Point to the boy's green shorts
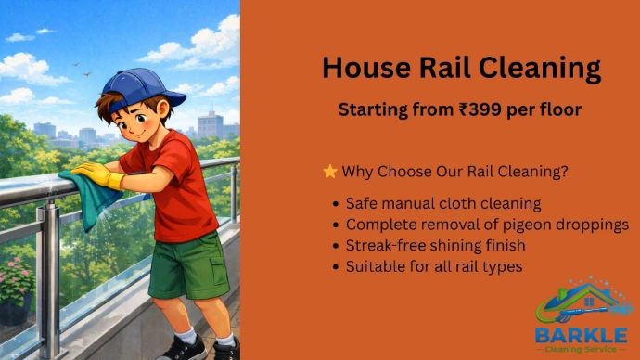coord(189,265)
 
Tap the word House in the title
coord(366,68)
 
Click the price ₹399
coord(480,109)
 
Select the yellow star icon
coord(330,172)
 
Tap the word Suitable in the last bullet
coord(375,266)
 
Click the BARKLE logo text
coord(582,336)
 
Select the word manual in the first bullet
coord(407,203)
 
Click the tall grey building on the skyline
coord(211,125)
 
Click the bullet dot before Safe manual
coord(336,204)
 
